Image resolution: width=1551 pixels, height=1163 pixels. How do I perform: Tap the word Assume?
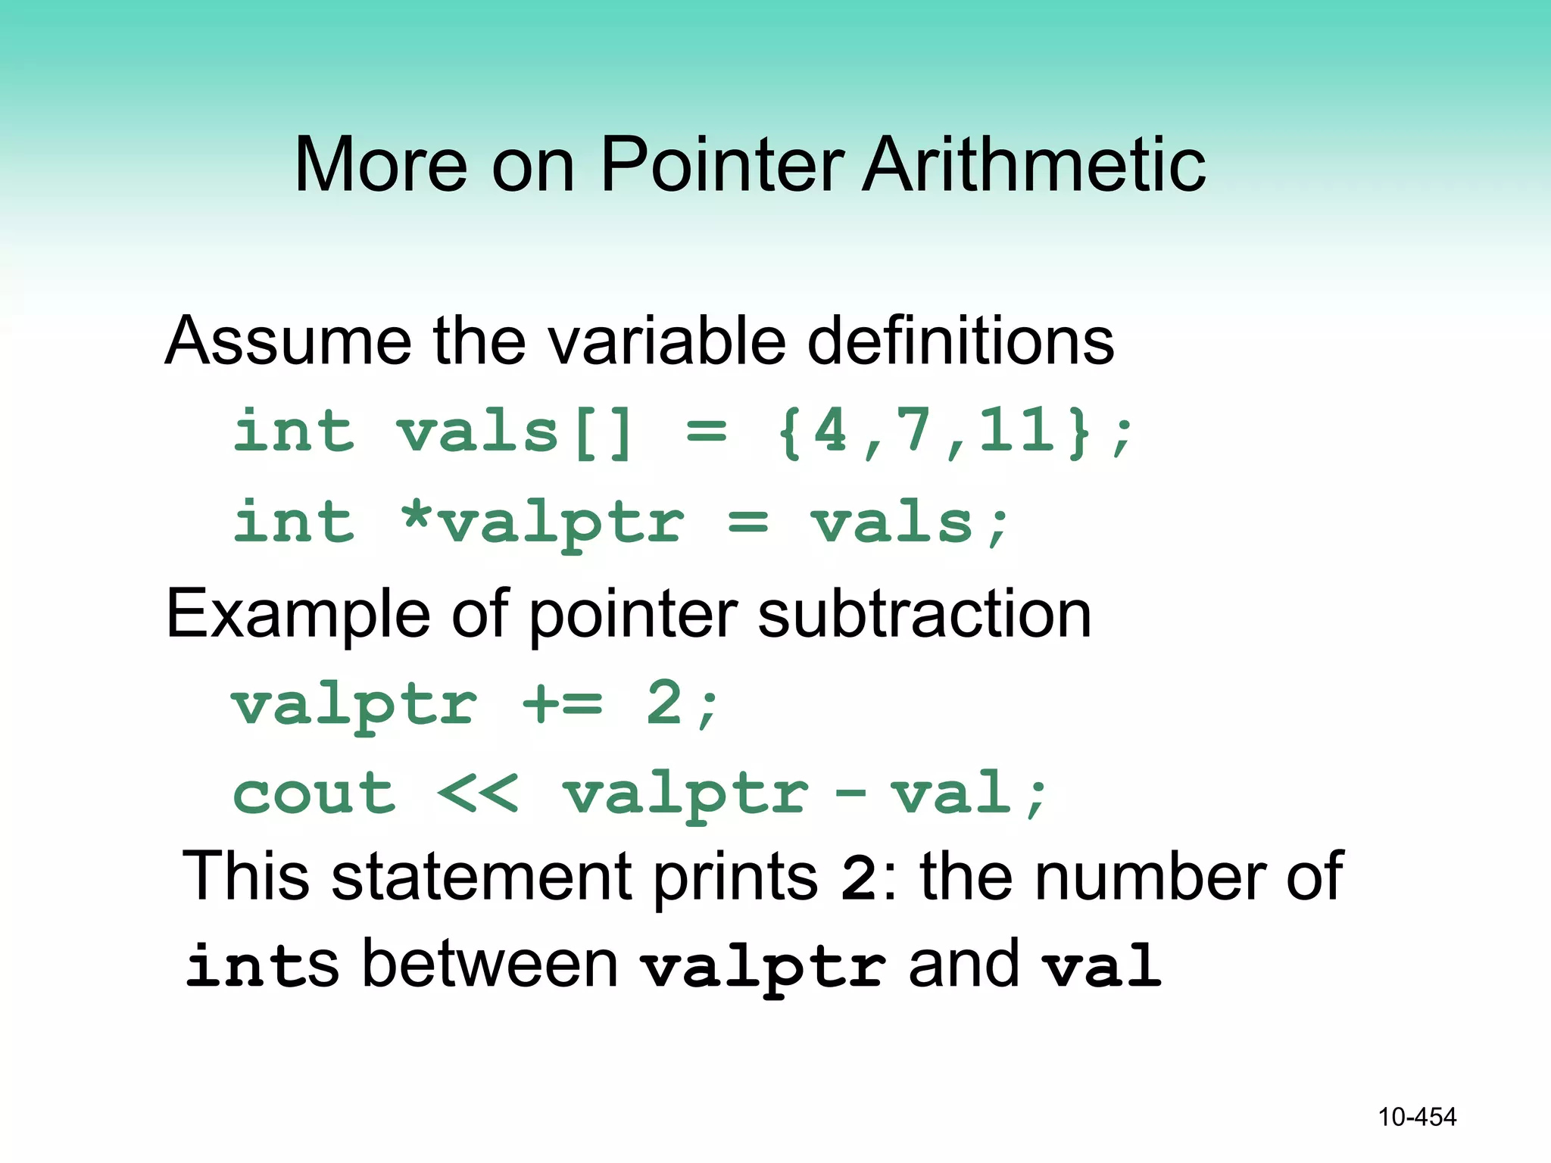pyautogui.click(x=288, y=341)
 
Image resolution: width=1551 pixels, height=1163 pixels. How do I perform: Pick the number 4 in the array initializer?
pyautogui.click(x=831, y=431)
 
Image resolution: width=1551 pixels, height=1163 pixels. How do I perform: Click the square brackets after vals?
pyautogui.click(x=604, y=433)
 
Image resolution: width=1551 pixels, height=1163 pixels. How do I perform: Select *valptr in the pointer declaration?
pyautogui.click(x=542, y=523)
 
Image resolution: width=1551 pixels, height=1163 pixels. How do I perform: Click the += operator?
pyautogui.click(x=563, y=704)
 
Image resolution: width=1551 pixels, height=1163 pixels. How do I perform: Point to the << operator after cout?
pyautogui.click(x=479, y=794)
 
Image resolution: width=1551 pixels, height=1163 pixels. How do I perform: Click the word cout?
pyautogui.click(x=314, y=794)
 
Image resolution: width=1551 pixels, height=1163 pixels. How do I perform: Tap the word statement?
pyautogui.click(x=482, y=877)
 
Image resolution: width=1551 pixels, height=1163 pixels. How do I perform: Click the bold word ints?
pyautogui.click(x=262, y=965)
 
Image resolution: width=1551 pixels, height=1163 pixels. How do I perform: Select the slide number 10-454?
pyautogui.click(x=1416, y=1117)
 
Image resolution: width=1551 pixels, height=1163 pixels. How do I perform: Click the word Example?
pyautogui.click(x=299, y=614)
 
